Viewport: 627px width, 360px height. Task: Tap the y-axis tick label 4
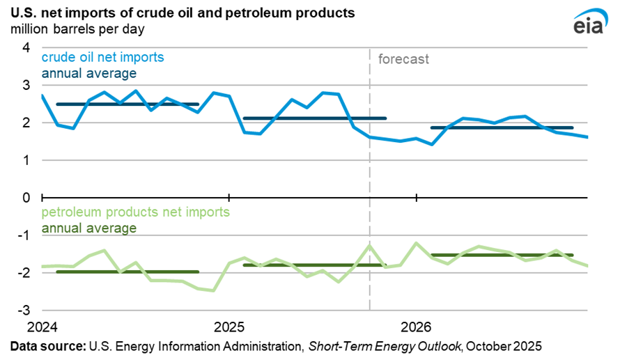click(x=26, y=48)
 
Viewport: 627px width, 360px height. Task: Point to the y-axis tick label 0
click(x=26, y=198)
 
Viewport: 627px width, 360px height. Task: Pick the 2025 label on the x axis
click(x=229, y=327)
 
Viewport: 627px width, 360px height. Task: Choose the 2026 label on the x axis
click(x=416, y=327)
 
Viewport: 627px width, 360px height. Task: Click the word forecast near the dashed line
click(x=403, y=59)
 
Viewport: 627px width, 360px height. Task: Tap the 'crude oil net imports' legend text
click(x=103, y=57)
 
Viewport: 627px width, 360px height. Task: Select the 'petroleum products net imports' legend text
click(x=136, y=212)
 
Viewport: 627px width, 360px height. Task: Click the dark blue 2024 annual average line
click(x=127, y=104)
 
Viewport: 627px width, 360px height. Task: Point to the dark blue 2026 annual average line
click(x=502, y=128)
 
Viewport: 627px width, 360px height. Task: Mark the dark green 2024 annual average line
click(x=127, y=272)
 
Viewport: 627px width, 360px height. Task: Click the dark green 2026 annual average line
click(x=502, y=255)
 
